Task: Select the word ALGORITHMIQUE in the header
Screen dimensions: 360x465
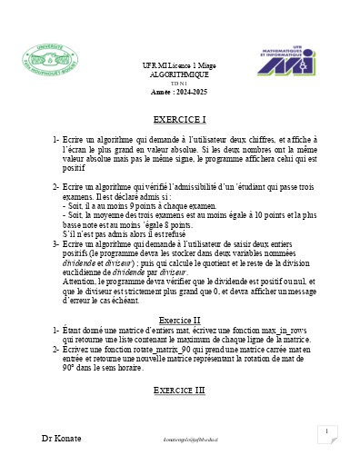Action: point(180,79)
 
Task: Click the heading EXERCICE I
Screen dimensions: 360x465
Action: point(180,119)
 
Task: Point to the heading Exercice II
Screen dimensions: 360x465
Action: point(180,321)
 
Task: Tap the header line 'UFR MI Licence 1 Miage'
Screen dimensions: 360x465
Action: point(179,70)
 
